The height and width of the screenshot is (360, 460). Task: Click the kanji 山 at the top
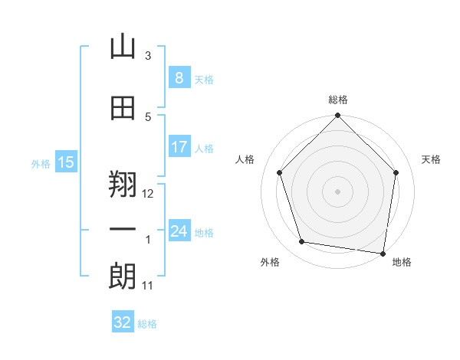click(123, 46)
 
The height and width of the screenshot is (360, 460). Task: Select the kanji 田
click(123, 108)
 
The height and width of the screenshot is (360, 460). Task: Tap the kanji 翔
click(123, 184)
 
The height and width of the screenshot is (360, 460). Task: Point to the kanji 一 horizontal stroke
click(123, 229)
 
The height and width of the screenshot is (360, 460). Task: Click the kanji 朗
click(123, 277)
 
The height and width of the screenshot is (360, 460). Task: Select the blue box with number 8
click(179, 77)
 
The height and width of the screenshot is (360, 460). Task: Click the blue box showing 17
click(179, 146)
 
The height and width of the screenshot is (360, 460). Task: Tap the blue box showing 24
click(179, 230)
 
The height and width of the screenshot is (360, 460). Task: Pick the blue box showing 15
click(66, 162)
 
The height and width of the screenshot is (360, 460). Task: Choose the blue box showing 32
click(123, 321)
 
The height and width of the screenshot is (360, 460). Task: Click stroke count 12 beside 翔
click(147, 194)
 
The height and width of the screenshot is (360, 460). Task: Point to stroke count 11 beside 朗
click(147, 286)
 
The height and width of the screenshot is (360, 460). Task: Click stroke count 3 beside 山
click(148, 55)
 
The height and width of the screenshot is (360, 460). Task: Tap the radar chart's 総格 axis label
click(338, 100)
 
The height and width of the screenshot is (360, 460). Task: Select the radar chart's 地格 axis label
click(402, 262)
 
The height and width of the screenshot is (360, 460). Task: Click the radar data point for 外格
click(301, 241)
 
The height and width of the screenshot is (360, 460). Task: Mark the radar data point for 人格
click(280, 172)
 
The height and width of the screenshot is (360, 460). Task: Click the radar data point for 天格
click(396, 172)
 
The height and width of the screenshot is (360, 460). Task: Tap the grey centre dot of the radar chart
click(337, 191)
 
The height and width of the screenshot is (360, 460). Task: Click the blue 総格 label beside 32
click(147, 324)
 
